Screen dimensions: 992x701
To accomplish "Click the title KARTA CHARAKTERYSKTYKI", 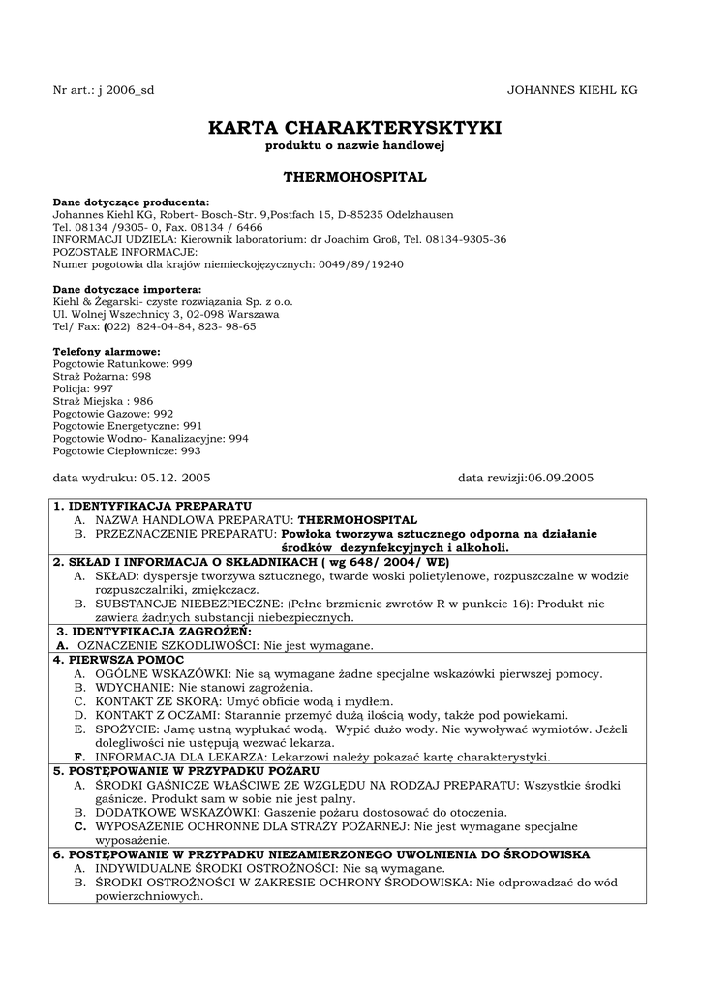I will pos(354,128).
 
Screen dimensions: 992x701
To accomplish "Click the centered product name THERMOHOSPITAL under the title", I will pos(354,178).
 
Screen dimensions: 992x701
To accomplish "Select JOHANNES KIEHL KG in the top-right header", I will pos(572,90).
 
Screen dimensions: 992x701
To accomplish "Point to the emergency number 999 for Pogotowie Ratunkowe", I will pos(182,363).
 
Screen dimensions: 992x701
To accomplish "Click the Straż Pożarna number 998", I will pos(141,376).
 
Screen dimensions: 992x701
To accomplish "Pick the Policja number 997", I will pos(103,388).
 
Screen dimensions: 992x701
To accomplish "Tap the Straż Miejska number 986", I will pos(142,401).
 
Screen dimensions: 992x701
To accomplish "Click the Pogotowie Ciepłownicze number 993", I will pos(191,451).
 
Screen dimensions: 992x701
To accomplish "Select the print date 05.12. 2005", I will pos(175,479).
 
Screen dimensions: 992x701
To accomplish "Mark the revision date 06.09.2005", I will pos(560,479).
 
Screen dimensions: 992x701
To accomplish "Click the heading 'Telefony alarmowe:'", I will pos(107,351).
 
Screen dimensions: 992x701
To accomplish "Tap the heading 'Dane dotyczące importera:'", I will pos(127,289).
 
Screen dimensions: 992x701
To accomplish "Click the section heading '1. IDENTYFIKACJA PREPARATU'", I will pos(152,506).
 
